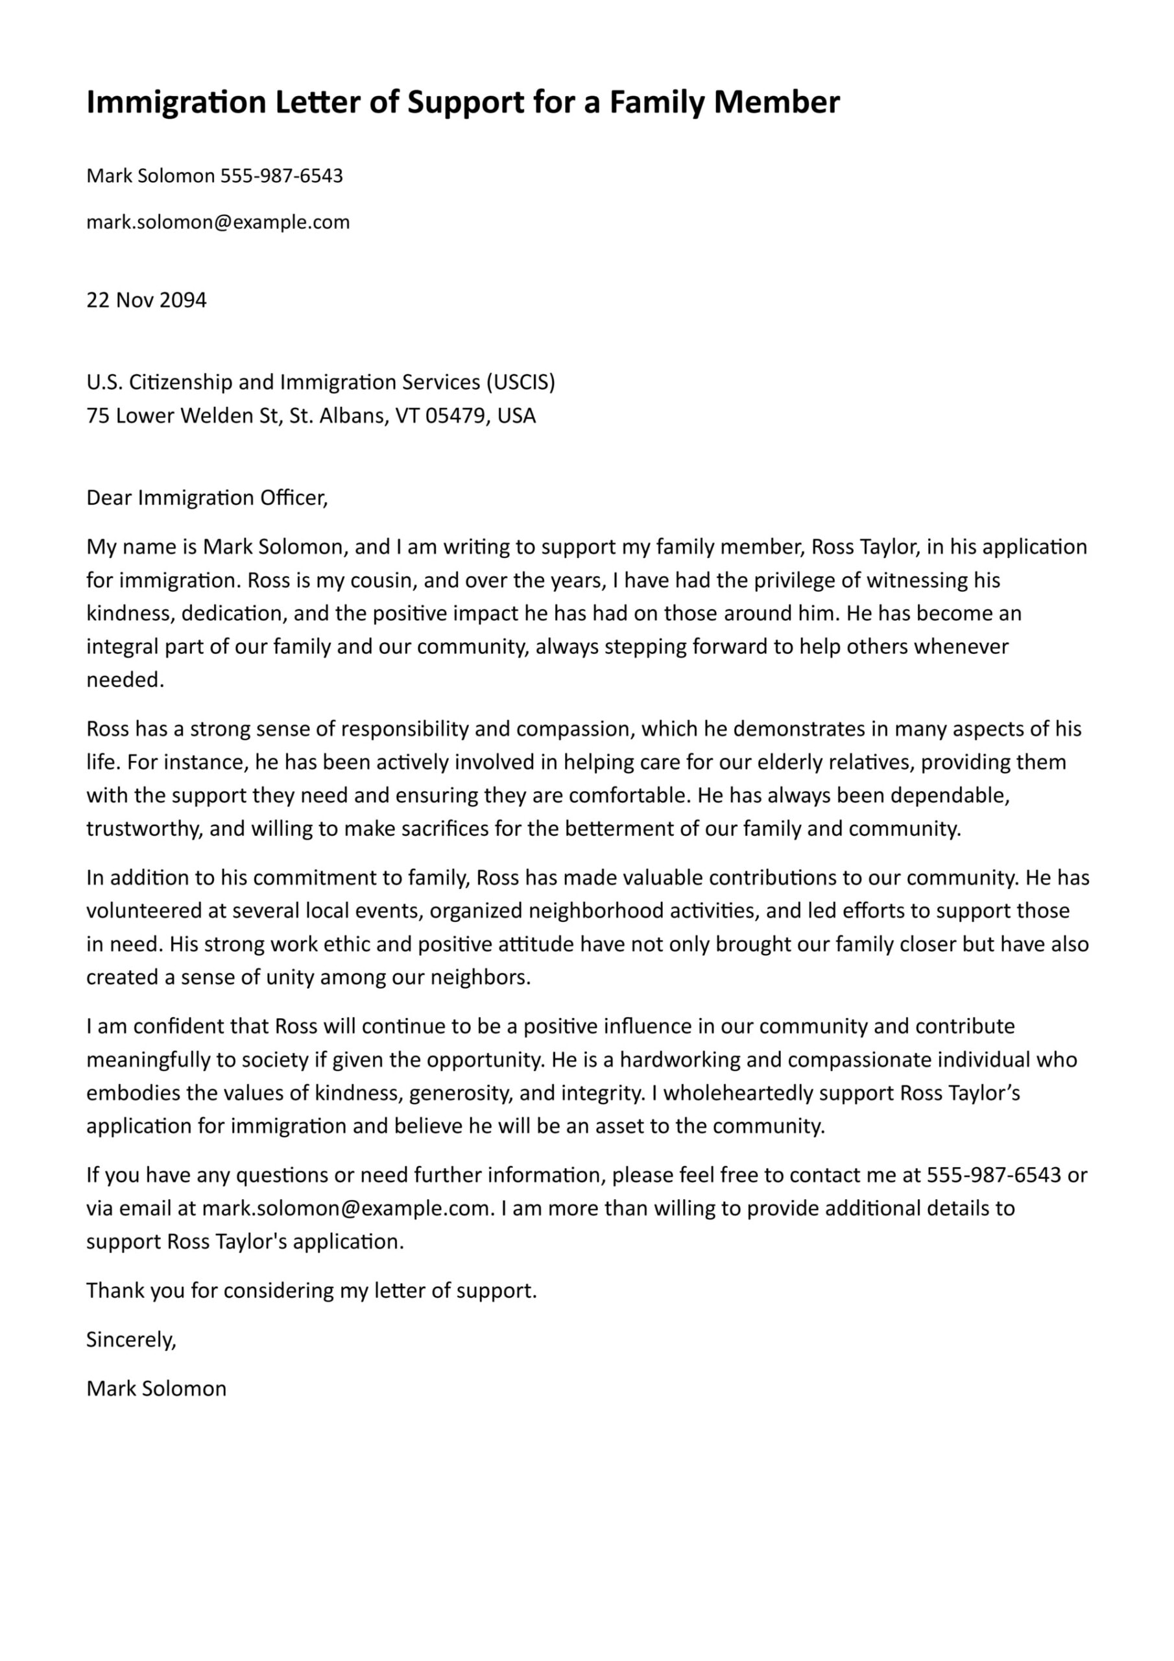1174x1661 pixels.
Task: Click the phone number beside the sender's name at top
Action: (x=282, y=176)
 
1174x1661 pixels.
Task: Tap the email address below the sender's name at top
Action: (x=218, y=222)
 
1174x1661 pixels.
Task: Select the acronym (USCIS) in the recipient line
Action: (x=520, y=382)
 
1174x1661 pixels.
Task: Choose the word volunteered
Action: (x=145, y=910)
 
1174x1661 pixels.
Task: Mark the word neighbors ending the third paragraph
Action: (x=478, y=977)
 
